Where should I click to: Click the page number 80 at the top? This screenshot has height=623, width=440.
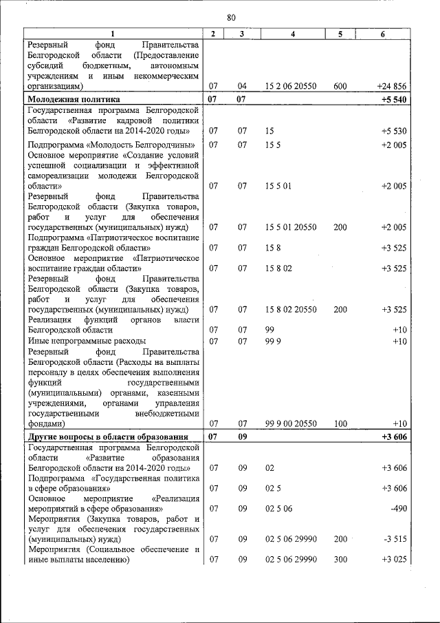click(231, 17)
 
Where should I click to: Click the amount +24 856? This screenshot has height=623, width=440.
click(392, 87)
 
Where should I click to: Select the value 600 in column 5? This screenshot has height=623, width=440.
click(340, 87)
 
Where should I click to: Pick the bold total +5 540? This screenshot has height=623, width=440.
click(393, 99)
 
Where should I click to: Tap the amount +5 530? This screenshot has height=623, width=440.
click(394, 131)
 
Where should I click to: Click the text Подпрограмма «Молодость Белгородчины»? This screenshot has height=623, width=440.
click(111, 145)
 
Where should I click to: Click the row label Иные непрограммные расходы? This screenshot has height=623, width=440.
click(87, 341)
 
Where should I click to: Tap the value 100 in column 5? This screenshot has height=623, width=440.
click(340, 423)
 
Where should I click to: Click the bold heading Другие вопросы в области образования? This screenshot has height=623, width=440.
click(107, 436)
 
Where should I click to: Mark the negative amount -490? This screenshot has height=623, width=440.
click(398, 509)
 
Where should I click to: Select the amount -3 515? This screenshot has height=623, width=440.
click(395, 539)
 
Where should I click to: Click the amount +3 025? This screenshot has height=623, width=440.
click(394, 560)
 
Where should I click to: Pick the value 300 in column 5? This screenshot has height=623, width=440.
click(340, 560)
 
